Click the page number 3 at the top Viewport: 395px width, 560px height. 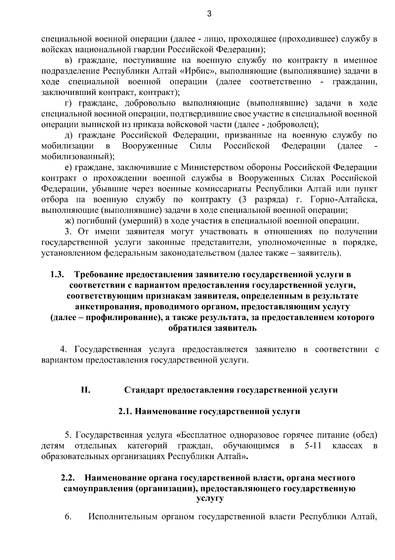(209, 14)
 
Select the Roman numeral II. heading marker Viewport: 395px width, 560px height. (86, 390)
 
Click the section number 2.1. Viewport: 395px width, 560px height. (125, 412)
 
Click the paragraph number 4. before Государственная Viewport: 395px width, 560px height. (63, 349)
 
